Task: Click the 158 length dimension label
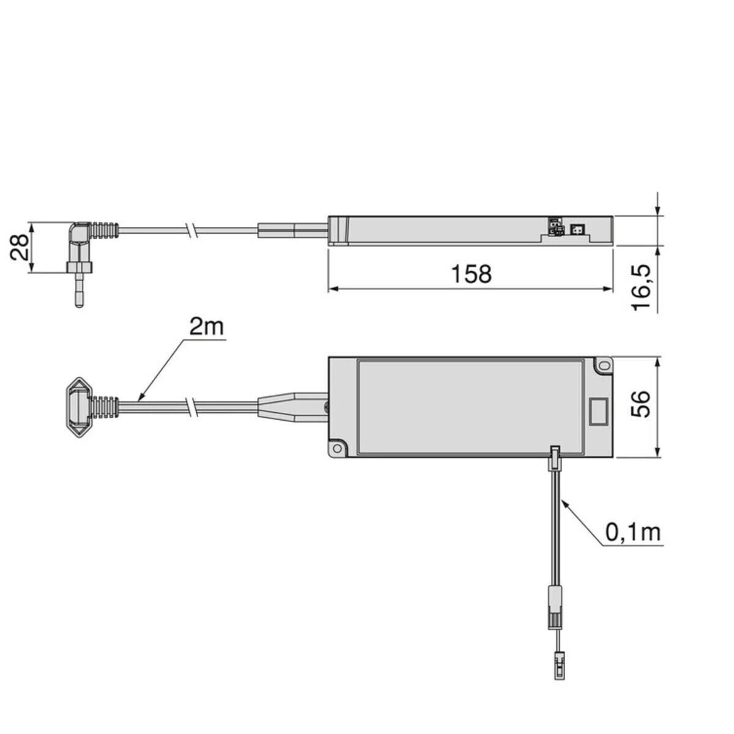point(471,274)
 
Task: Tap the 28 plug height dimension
point(19,247)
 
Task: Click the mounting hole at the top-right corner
point(604,366)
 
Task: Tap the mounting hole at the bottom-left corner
point(338,448)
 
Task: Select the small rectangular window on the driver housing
point(598,412)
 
